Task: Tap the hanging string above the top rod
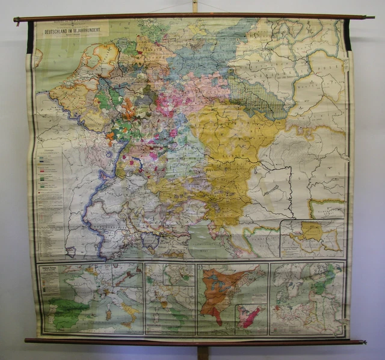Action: point(194,6)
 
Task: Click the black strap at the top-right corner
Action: point(346,35)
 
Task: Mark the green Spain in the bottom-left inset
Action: point(66,313)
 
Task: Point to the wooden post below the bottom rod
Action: point(203,352)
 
